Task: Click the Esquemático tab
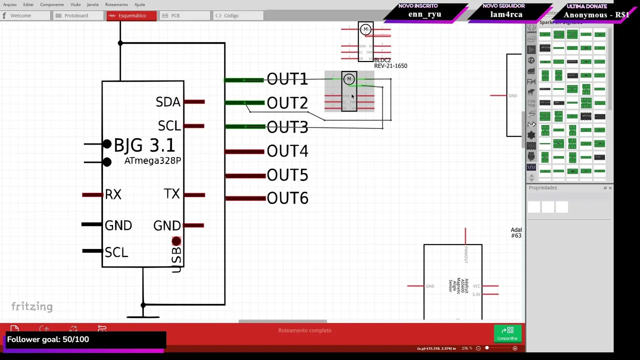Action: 131,15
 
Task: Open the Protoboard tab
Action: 75,15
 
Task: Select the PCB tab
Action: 175,15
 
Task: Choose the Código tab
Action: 231,15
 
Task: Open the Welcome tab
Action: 20,15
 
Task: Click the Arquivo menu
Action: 9,4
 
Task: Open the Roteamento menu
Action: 116,4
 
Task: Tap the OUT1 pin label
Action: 287,79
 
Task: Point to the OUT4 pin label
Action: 287,151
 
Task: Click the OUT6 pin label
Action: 287,198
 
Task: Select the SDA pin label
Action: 167,102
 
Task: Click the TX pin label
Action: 171,194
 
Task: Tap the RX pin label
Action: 113,194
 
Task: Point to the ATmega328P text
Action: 152,161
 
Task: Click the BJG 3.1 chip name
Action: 144,145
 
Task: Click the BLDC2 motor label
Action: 382,60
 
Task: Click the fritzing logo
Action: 32,306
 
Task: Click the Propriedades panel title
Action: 542,188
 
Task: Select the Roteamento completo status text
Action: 304,330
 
